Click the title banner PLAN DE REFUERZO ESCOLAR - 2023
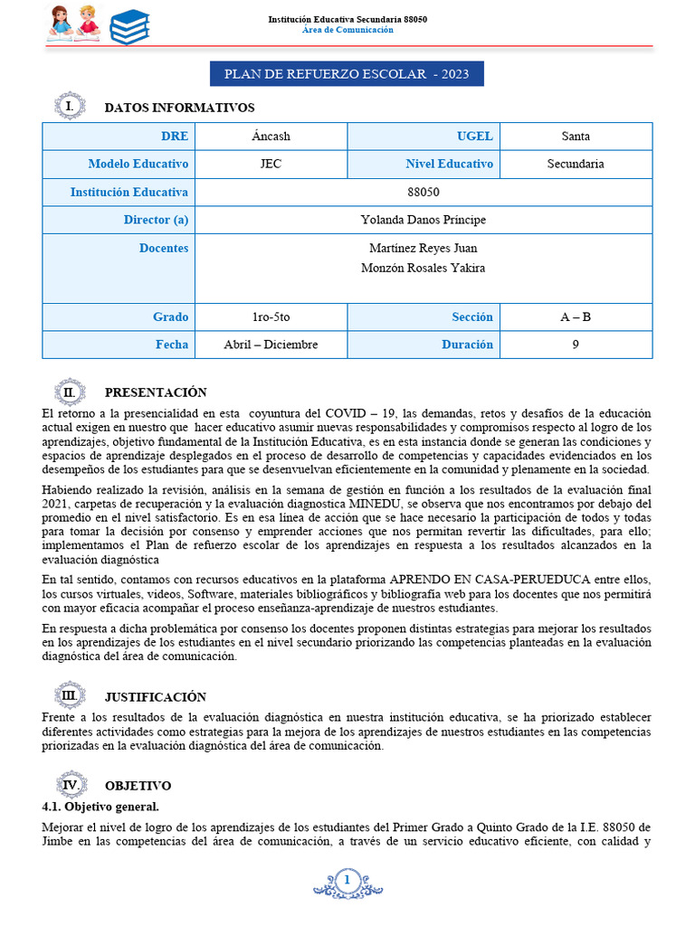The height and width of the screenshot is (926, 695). pyautogui.click(x=347, y=74)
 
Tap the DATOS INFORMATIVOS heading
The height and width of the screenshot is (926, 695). pyautogui.click(x=179, y=108)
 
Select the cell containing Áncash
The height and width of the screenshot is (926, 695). pyautogui.click(x=271, y=137)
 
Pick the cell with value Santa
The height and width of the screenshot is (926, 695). pyautogui.click(x=576, y=137)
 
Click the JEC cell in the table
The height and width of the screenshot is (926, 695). pyautogui.click(x=271, y=165)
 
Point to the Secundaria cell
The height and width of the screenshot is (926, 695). pyautogui.click(x=576, y=165)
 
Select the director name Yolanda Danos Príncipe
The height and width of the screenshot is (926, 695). pyautogui.click(x=424, y=220)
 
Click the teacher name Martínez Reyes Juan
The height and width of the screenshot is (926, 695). pyautogui.click(x=424, y=248)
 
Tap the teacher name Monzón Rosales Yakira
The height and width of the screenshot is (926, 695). pyautogui.click(x=424, y=268)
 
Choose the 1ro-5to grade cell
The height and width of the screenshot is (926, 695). pyautogui.click(x=271, y=317)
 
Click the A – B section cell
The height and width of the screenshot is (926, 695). pyautogui.click(x=576, y=317)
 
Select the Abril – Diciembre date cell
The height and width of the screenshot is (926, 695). pyautogui.click(x=271, y=345)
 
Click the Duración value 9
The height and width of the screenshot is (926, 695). pyautogui.click(x=576, y=345)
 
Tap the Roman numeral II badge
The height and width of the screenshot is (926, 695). pyautogui.click(x=69, y=392)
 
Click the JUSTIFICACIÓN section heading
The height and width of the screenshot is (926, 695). pyautogui.click(x=155, y=697)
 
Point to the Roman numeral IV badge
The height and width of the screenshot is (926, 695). pyautogui.click(x=69, y=785)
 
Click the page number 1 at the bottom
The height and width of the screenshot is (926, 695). pyautogui.click(x=347, y=880)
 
